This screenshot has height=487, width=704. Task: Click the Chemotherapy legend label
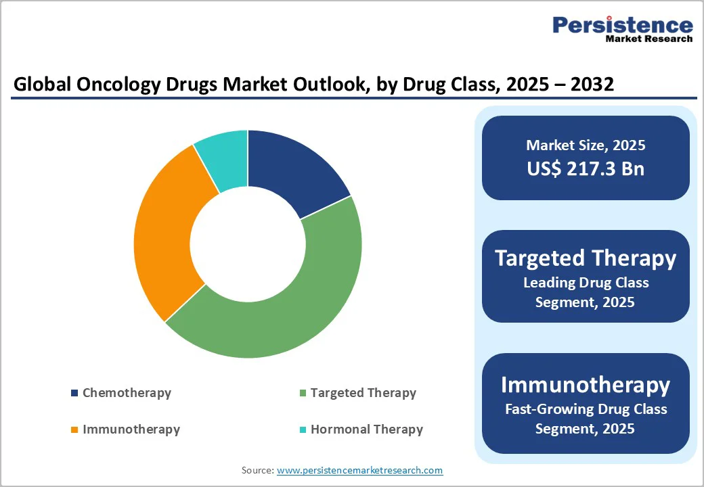pos(127,393)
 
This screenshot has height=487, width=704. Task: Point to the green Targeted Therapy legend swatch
pos(303,393)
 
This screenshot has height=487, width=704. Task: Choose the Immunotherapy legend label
pos(131,430)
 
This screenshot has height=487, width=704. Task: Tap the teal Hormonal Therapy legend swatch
pos(303,430)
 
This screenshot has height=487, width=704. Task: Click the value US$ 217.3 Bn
pos(586,168)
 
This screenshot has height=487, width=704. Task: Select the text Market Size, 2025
pos(586,145)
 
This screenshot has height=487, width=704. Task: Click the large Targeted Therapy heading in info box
pos(586,258)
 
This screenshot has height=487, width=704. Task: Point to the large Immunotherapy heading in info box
pos(586,384)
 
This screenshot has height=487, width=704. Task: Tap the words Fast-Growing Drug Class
pos(586,409)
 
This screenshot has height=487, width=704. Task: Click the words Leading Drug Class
pos(586,283)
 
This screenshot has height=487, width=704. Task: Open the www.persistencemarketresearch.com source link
pos(359,470)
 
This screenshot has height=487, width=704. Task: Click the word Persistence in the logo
pos(623,25)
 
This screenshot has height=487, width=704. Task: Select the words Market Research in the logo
pos(648,39)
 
